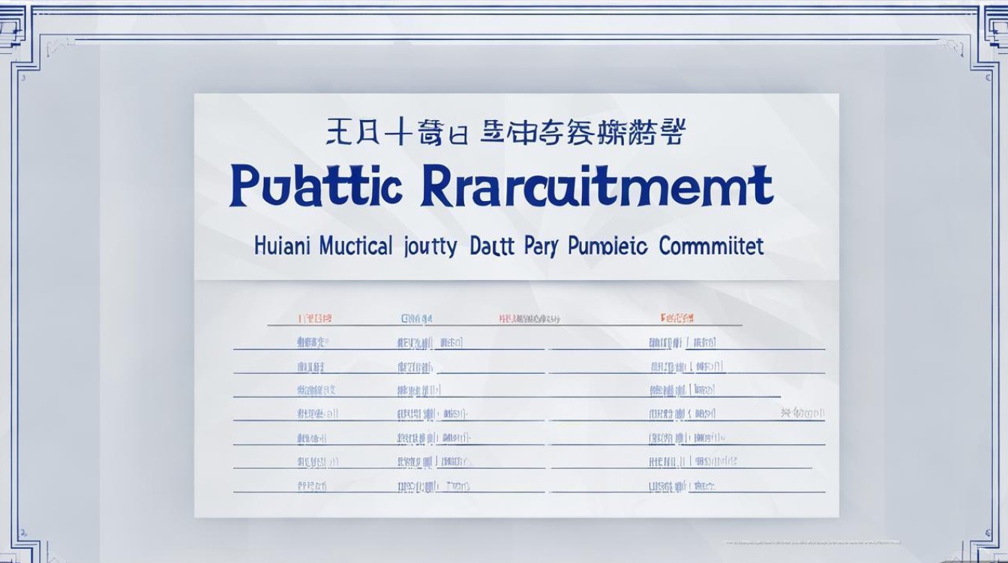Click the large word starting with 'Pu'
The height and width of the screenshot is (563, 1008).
coord(316,187)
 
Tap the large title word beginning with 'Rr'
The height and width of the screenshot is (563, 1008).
coord(596,187)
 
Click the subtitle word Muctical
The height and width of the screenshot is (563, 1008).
coord(355,245)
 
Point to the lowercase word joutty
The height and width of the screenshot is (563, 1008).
coord(430,247)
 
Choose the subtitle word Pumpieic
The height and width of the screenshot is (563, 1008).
coord(608,247)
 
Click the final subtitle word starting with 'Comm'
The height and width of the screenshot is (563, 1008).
coord(712,245)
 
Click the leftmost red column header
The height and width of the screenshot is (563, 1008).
coord(315,318)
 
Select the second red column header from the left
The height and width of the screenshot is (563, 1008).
coord(417,318)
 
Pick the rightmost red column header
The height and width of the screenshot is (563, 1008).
coord(676,318)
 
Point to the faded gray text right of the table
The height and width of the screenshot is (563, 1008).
coord(802,413)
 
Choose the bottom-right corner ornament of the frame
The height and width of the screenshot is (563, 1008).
coord(987,544)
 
